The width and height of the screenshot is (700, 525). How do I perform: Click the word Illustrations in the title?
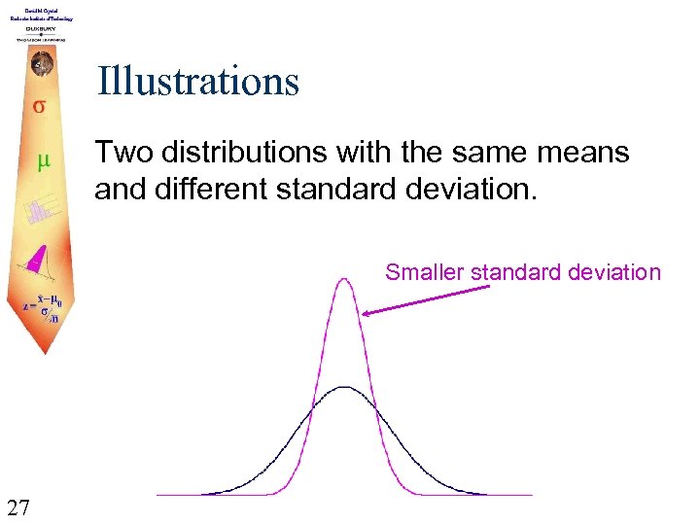[x=197, y=82]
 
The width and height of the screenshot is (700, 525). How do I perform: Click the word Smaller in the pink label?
[x=424, y=272]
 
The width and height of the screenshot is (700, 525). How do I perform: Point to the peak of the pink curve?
[x=344, y=280]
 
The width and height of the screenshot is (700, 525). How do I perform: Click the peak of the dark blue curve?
[x=344, y=387]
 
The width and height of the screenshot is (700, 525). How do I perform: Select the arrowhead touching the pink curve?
[x=367, y=313]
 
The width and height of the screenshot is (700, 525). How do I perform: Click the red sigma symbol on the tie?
[x=40, y=105]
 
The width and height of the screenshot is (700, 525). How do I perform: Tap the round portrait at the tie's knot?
[x=41, y=64]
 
